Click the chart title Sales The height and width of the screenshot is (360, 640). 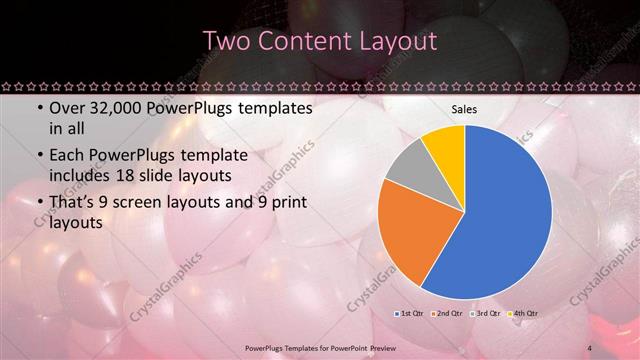click(x=464, y=109)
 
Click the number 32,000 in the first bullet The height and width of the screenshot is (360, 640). click(x=107, y=108)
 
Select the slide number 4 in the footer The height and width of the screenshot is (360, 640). click(x=590, y=347)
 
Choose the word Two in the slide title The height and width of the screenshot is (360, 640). click(x=224, y=41)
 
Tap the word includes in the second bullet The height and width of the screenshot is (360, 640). click(x=81, y=176)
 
